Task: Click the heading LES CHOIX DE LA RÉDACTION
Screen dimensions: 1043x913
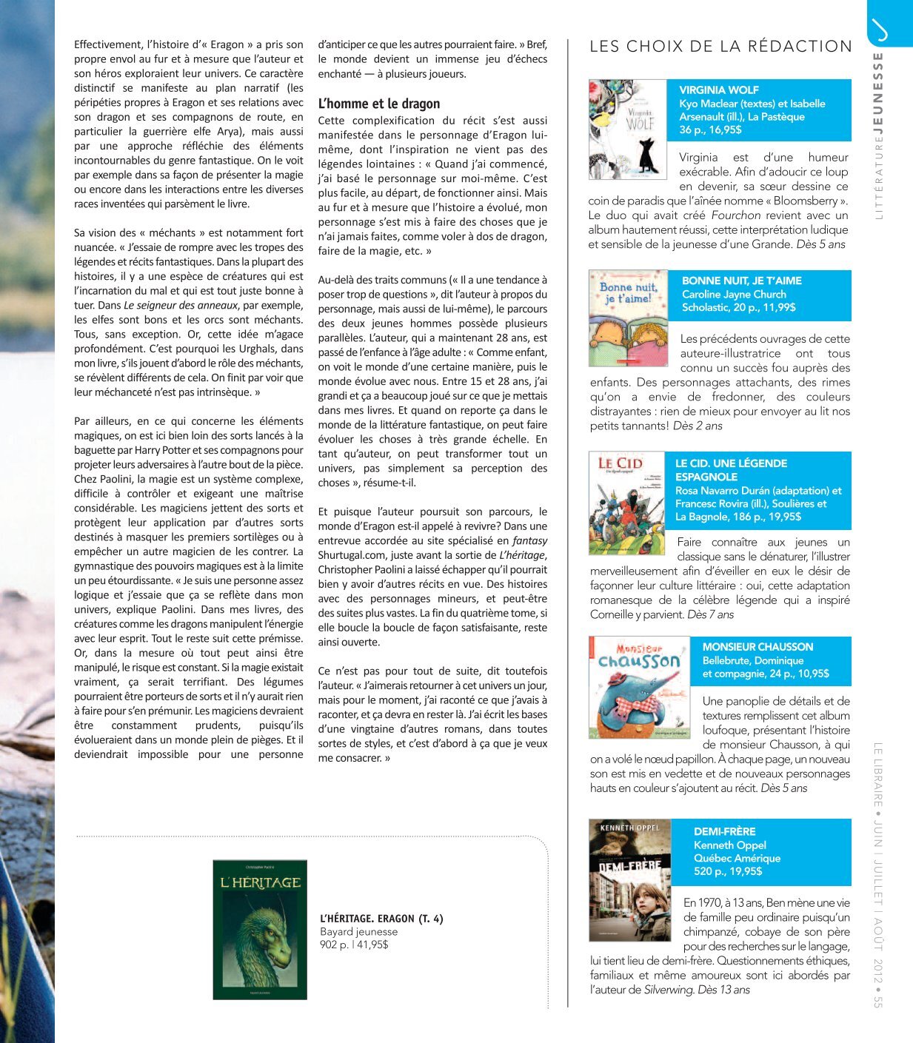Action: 720,47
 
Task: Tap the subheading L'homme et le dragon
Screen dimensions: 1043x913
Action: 378,104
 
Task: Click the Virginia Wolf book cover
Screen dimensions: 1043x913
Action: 627,130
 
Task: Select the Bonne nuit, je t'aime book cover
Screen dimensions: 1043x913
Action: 629,318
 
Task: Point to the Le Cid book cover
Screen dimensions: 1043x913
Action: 627,503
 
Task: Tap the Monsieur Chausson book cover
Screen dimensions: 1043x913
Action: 639,687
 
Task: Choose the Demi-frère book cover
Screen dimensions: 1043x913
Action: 629,879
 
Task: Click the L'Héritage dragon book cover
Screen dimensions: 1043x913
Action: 260,930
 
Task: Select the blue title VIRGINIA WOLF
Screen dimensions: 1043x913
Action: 719,90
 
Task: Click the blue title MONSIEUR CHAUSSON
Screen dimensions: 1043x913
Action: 758,647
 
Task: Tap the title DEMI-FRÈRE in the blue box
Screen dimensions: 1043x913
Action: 724,831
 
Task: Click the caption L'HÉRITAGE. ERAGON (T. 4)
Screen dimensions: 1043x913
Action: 381,919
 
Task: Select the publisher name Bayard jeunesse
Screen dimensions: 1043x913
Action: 358,932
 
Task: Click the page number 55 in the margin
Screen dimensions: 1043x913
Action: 877,1000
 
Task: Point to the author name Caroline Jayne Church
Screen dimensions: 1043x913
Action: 734,294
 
